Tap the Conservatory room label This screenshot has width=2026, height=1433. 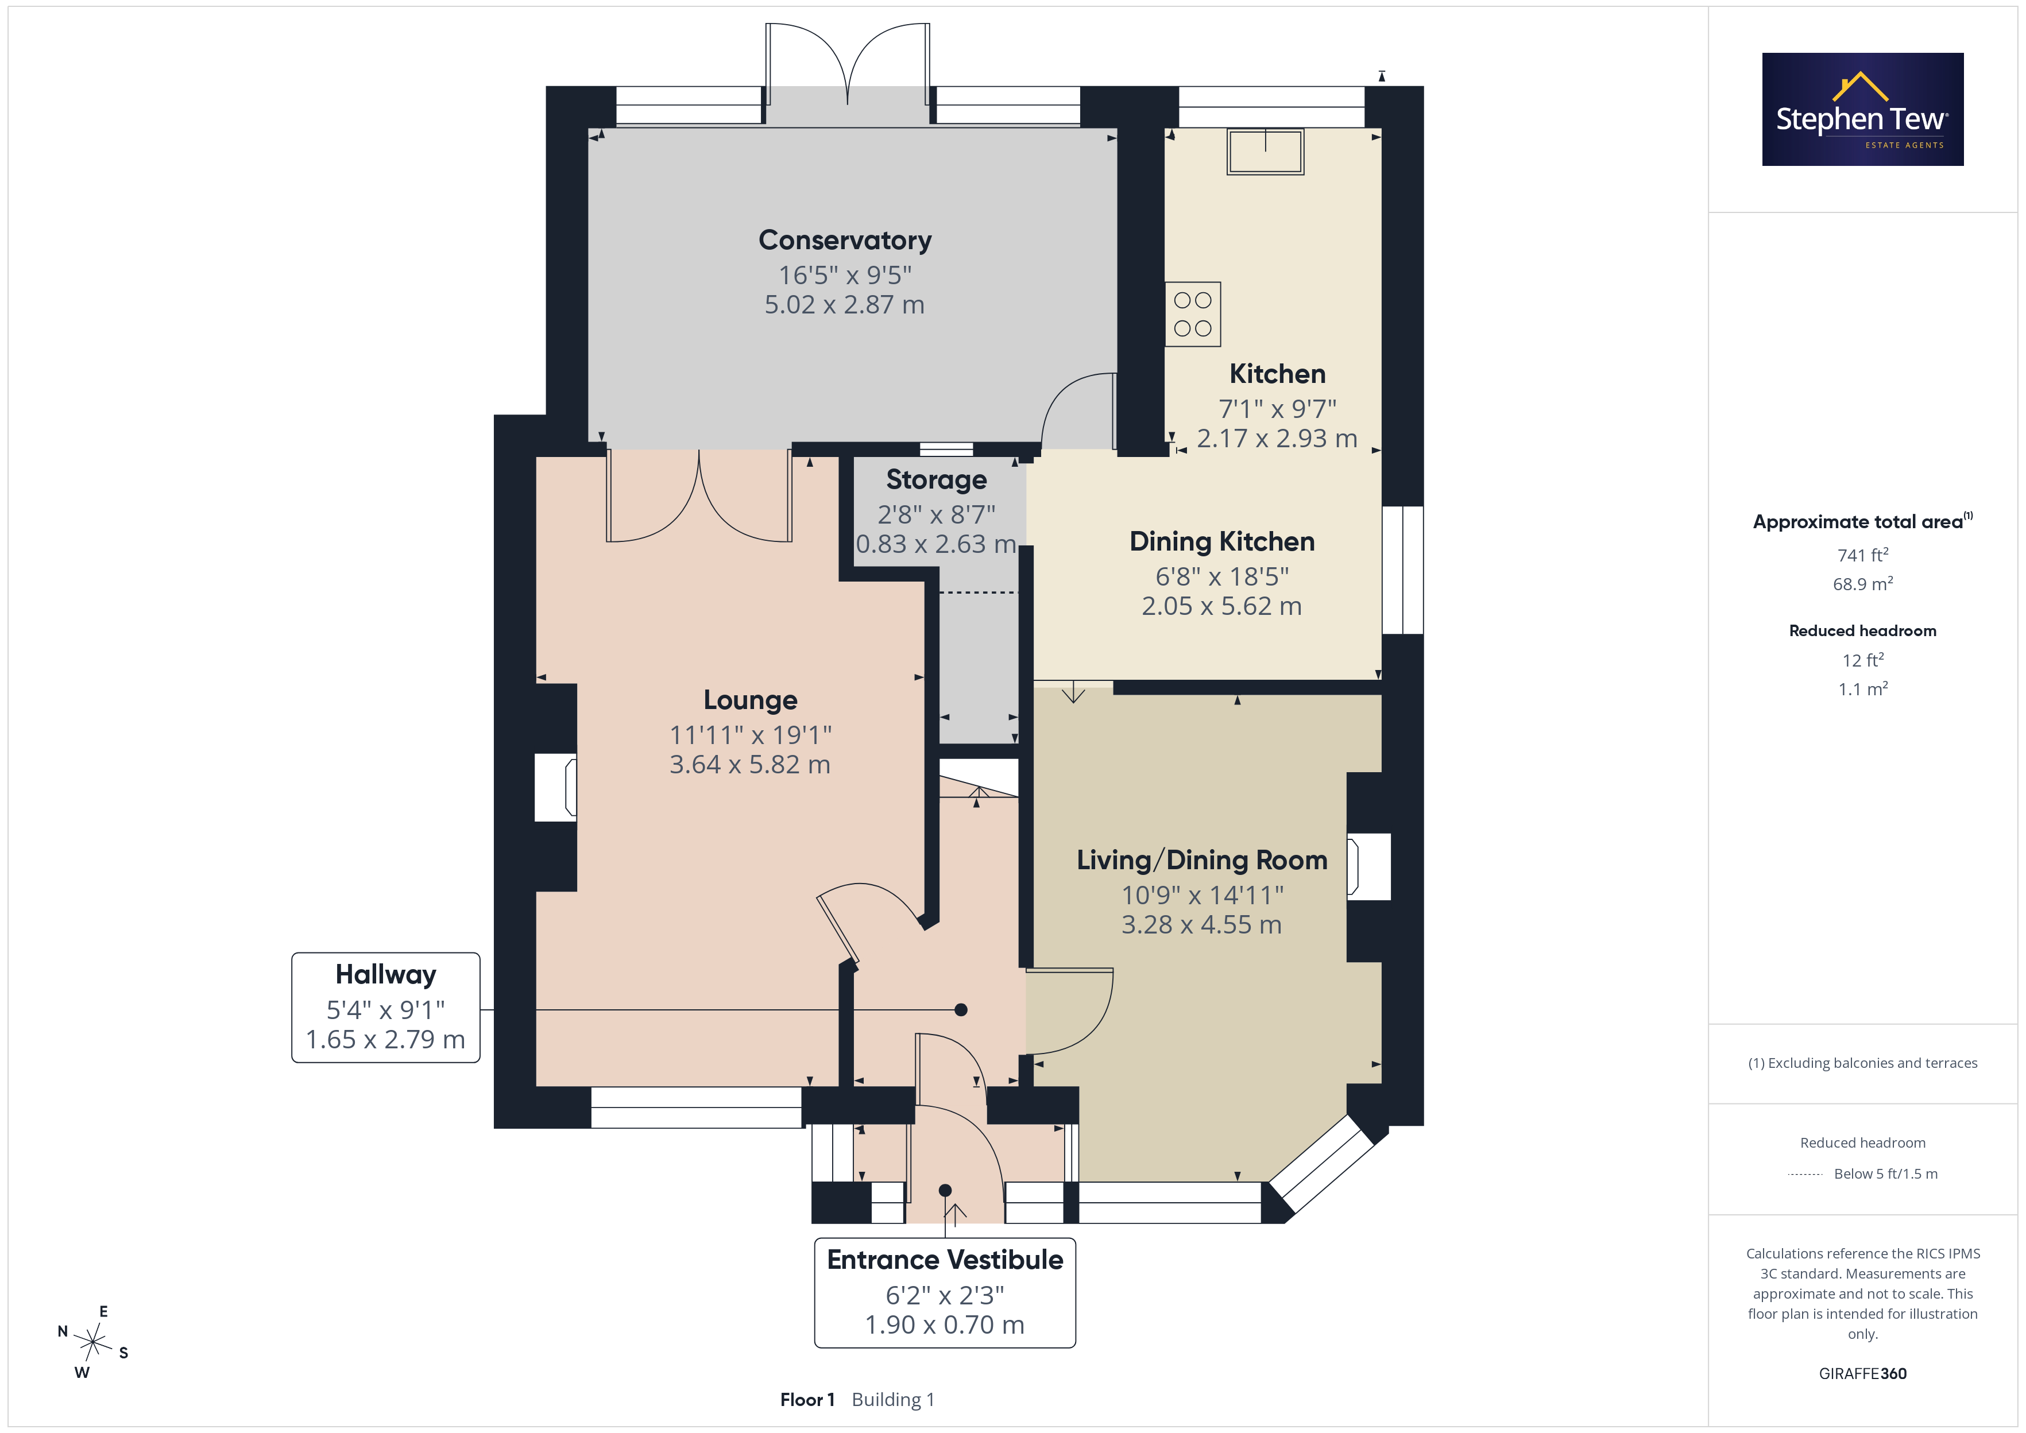845,240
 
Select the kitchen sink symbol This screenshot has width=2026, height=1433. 1265,152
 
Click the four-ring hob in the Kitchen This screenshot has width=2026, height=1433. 1192,314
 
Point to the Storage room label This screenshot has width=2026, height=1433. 936,479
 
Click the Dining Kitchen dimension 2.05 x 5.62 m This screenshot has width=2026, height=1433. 1221,606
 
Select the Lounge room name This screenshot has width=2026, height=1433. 750,700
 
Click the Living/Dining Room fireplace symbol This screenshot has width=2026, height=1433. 1368,866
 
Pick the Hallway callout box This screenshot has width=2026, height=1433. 385,1007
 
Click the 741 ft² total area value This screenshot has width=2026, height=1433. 1863,555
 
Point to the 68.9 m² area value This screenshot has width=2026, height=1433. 1863,584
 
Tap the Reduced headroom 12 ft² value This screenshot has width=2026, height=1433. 1863,660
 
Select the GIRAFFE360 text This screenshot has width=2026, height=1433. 1863,1374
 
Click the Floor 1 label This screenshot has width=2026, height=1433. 806,1400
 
